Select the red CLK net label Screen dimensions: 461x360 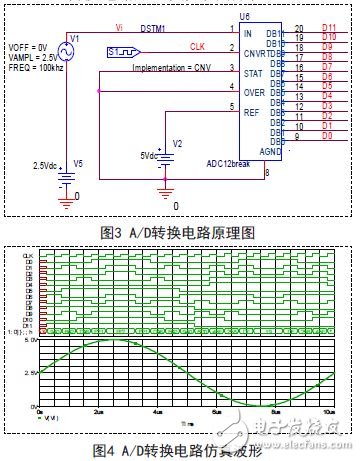pyautogui.click(x=198, y=46)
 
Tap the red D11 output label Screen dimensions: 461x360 pyautogui.click(x=329, y=29)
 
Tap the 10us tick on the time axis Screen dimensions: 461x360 pyautogui.click(x=329, y=411)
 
